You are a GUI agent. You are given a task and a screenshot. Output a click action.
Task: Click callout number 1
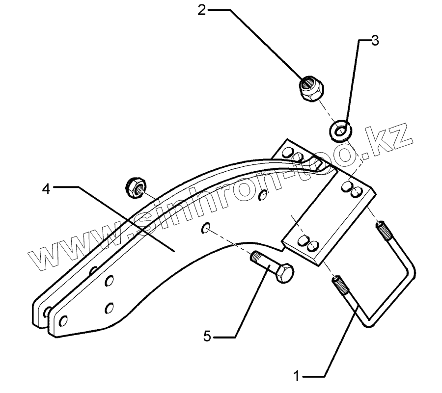(x=296, y=377)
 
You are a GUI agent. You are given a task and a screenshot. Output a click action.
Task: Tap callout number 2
(x=202, y=10)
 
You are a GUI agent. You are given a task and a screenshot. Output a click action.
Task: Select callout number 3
(x=375, y=41)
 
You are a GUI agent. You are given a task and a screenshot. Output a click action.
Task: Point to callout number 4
(x=46, y=188)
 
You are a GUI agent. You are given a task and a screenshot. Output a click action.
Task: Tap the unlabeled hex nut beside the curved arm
(x=135, y=186)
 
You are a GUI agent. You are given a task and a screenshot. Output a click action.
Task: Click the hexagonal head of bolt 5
(x=282, y=273)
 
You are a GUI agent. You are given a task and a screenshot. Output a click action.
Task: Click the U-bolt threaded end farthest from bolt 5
(x=383, y=228)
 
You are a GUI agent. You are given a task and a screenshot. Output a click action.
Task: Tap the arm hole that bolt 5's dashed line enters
(x=206, y=228)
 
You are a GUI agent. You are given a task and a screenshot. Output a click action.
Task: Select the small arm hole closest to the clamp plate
(x=264, y=195)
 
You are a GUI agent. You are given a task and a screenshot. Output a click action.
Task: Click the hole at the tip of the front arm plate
(x=63, y=321)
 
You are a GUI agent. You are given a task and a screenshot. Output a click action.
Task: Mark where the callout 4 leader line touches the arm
(x=174, y=251)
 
